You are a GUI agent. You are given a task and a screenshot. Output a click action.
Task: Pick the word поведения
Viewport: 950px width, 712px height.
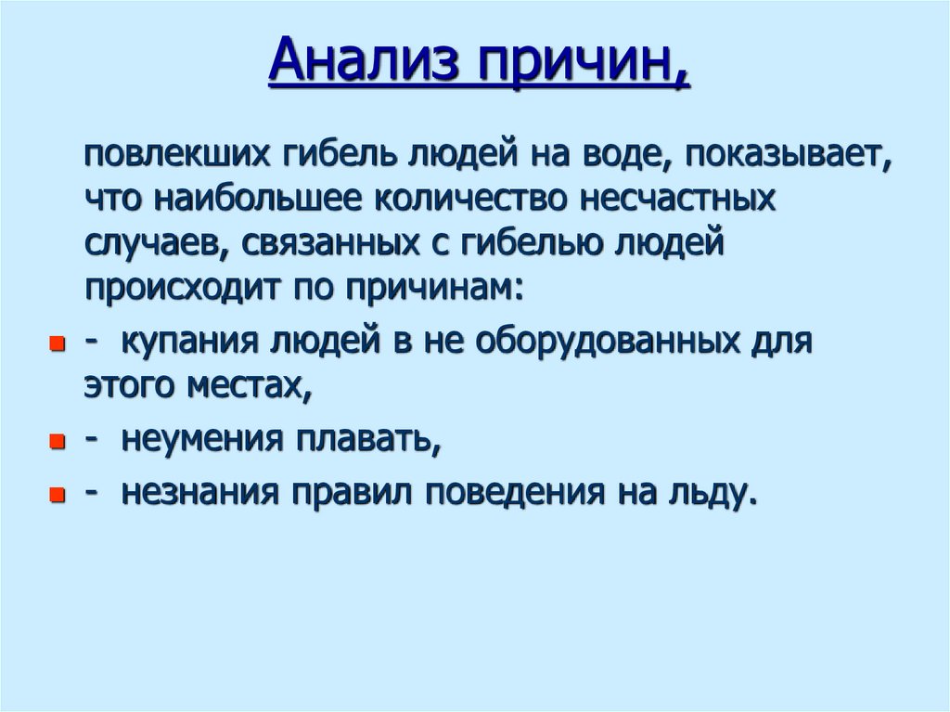[511, 493]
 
